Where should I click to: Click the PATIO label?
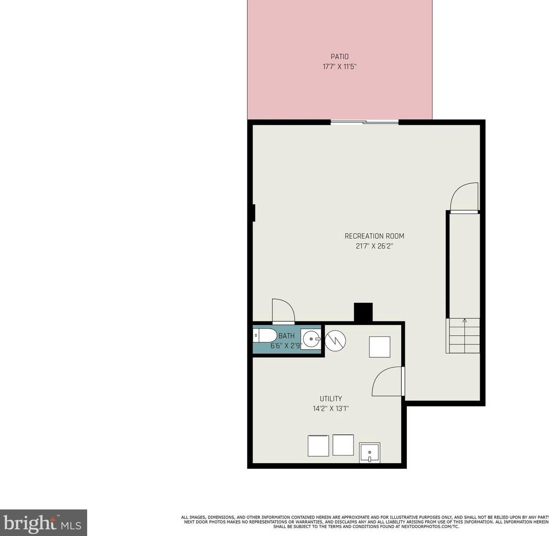[339, 56]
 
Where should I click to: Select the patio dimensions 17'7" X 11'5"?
[339, 67]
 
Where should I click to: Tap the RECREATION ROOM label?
[374, 236]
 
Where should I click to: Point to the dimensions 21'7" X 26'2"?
[374, 246]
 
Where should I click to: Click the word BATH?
[286, 336]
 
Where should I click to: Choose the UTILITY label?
[330, 398]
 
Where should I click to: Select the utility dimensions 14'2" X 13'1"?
[330, 409]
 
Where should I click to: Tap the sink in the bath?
[310, 339]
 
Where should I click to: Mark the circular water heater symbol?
[335, 339]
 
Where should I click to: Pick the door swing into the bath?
[283, 312]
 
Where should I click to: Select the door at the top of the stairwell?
[464, 198]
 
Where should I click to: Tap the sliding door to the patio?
[364, 122]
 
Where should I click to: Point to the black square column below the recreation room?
[363, 312]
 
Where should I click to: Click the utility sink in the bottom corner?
[369, 452]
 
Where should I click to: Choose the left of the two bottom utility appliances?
[318, 445]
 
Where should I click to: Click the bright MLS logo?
[43, 523]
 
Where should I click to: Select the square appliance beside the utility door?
[380, 347]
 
